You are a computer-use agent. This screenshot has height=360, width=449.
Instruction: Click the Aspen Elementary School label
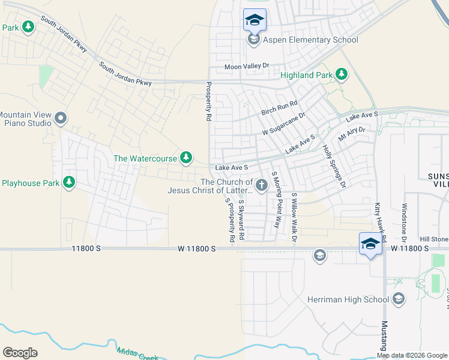[310, 40]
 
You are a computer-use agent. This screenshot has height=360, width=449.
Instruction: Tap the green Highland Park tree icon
[342, 74]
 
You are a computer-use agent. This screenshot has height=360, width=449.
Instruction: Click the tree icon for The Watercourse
[186, 158]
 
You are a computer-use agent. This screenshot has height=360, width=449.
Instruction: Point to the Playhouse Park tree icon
[69, 182]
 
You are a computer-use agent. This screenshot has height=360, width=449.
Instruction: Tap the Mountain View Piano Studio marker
[60, 118]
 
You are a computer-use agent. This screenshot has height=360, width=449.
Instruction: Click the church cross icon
[261, 186]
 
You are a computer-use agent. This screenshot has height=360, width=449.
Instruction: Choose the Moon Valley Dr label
[247, 67]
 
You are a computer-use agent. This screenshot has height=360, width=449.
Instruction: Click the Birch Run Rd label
[280, 109]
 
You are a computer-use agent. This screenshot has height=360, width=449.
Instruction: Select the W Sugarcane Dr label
[284, 124]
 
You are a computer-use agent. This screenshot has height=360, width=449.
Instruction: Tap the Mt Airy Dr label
[352, 133]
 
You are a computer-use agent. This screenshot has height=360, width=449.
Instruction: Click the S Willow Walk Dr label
[294, 217]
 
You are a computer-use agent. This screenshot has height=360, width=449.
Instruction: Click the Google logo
[20, 353]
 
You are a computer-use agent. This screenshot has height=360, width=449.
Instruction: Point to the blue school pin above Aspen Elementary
[254, 20]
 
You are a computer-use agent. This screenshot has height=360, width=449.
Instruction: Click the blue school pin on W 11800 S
[370, 244]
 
